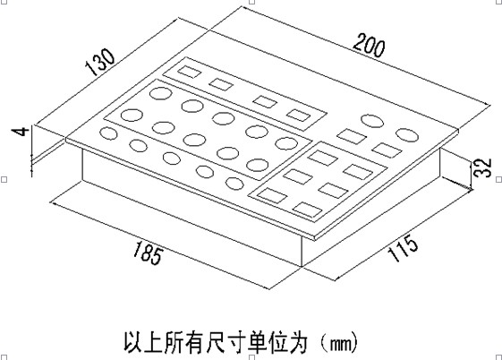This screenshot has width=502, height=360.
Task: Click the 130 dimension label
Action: (100, 62)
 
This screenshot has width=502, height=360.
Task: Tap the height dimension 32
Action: (483, 167)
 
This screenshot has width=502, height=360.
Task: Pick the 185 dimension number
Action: (148, 253)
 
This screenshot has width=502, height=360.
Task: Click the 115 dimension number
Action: (403, 249)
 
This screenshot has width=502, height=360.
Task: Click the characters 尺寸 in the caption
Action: (226, 343)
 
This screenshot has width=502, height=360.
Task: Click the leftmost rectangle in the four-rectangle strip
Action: (190, 72)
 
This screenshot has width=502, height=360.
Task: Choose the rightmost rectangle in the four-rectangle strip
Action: (298, 116)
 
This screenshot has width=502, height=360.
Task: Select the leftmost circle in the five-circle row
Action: (108, 133)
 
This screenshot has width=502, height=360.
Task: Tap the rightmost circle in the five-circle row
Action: (234, 184)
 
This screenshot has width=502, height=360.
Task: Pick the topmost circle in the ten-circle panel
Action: (161, 93)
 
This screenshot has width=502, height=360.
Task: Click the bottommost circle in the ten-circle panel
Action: (258, 165)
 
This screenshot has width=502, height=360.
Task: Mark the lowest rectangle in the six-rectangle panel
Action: (307, 210)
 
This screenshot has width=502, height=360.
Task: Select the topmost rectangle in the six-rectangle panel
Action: (323, 158)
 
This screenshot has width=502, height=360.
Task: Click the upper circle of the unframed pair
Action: (372, 121)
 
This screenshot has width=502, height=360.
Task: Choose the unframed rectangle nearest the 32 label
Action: (387, 150)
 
